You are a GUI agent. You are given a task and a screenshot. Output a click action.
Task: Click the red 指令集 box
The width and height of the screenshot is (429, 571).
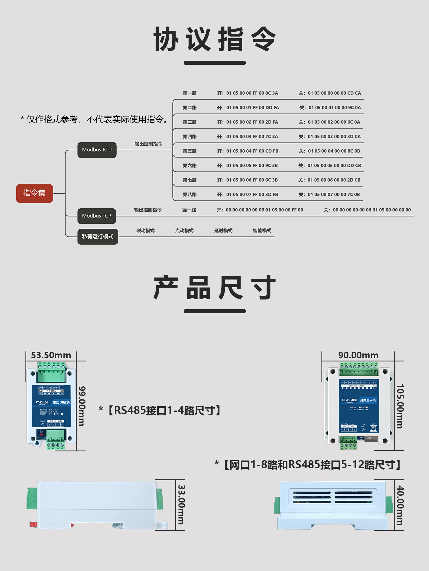point(35,193)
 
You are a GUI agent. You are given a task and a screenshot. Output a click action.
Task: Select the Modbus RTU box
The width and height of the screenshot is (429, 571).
point(97,150)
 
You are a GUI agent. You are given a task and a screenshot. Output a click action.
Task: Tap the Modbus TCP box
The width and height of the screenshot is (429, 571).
point(97,216)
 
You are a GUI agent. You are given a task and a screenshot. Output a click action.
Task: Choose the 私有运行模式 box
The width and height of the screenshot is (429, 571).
point(98,237)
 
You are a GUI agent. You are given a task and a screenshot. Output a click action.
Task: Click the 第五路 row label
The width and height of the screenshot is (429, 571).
point(190,151)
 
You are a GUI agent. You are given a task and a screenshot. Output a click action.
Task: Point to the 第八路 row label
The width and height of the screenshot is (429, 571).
point(190,194)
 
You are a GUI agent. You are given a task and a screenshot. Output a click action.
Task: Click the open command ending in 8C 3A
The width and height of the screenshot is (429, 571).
point(248,93)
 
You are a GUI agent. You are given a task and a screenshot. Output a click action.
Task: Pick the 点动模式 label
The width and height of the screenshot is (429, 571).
point(184,231)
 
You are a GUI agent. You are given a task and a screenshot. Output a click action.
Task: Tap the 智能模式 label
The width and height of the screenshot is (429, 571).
point(262,231)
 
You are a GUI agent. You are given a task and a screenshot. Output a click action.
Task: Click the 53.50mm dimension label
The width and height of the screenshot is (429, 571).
point(51,355)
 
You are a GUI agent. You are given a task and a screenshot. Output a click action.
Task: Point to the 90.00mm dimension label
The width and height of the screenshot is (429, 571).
point(358,355)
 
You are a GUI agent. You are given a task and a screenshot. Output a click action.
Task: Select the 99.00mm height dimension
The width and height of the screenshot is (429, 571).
point(82,406)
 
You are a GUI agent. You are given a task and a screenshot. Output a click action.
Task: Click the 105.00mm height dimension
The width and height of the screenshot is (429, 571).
point(400,406)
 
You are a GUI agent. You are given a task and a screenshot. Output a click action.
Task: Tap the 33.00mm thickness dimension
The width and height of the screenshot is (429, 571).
point(181,505)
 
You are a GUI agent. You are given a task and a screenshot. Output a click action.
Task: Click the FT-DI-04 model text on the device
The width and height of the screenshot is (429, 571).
point(42,403)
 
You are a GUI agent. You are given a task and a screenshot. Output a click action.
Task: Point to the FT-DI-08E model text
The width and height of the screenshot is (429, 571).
point(349,400)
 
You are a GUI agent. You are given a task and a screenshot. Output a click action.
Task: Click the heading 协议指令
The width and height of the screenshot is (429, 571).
point(215,39)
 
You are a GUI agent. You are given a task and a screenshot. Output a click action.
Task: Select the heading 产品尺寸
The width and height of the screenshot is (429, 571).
point(215,288)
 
